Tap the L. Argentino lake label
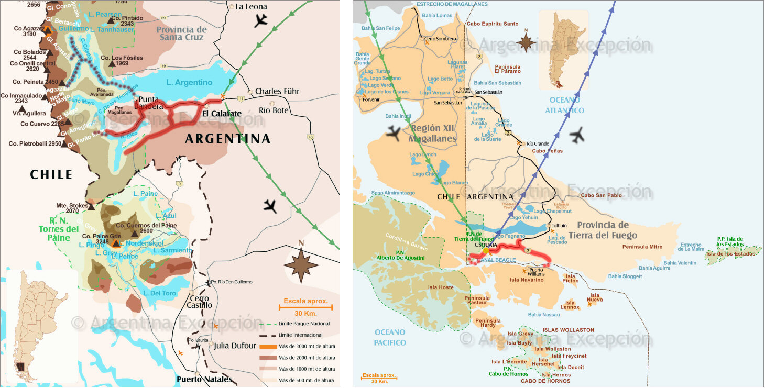(x=189, y=82)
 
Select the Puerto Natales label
(x=204, y=380)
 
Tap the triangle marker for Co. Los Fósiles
(x=112, y=64)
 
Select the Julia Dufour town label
(x=235, y=346)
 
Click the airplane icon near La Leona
(x=260, y=21)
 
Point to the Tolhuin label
(x=559, y=226)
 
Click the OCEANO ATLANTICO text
(x=564, y=105)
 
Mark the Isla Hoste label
(x=440, y=287)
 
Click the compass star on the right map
(x=526, y=42)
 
